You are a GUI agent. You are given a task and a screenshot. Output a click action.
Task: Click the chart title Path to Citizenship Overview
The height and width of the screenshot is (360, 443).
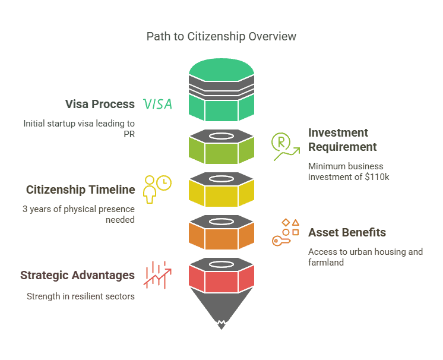pyautogui.click(x=221, y=37)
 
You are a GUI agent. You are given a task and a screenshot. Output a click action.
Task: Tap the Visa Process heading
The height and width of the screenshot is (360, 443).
pyautogui.click(x=100, y=104)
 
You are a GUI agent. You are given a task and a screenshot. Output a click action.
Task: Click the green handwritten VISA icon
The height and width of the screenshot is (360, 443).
pyautogui.click(x=158, y=105)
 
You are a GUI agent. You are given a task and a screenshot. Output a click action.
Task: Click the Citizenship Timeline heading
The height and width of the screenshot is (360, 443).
pyautogui.click(x=80, y=190)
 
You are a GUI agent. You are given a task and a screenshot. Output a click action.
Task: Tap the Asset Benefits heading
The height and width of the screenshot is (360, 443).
pyautogui.click(x=347, y=232)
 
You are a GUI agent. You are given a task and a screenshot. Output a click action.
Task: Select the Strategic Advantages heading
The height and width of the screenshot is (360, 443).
pyautogui.click(x=77, y=276)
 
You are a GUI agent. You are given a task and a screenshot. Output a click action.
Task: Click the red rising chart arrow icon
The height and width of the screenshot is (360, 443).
pyautogui.click(x=157, y=274)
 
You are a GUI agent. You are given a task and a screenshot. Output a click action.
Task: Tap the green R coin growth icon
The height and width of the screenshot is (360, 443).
pyautogui.click(x=284, y=146)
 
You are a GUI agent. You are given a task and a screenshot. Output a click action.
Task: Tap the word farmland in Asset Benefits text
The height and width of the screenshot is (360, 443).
pyautogui.click(x=326, y=263)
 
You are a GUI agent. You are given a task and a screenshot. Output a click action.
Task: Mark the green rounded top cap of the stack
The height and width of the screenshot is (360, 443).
pyautogui.click(x=221, y=66)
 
